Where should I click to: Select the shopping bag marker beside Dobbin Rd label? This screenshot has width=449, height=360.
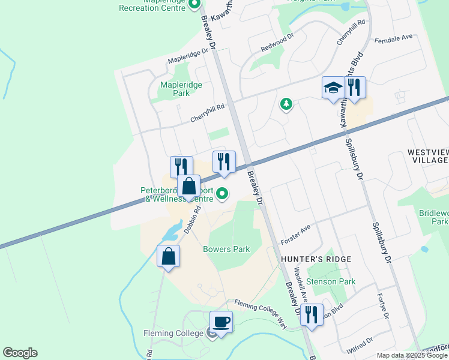pyautogui.click(x=188, y=186)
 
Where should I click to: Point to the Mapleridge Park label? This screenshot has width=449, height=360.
pyautogui.click(x=181, y=89)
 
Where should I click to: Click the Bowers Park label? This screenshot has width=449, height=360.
pyautogui.click(x=226, y=249)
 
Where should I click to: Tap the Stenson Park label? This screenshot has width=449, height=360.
pyautogui.click(x=331, y=281)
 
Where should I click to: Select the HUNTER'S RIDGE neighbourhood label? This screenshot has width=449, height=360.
pyautogui.click(x=316, y=259)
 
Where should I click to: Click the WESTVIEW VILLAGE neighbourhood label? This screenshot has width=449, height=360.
pyautogui.click(x=427, y=157)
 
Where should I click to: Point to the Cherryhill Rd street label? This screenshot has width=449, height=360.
pyautogui.click(x=207, y=112)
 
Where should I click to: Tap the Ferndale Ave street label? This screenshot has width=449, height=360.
pyautogui.click(x=393, y=38)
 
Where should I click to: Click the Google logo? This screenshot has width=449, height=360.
pyautogui.click(x=20, y=353)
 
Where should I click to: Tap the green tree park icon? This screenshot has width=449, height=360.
pyautogui.click(x=286, y=104)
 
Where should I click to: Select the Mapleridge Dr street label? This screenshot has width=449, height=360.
pyautogui.click(x=190, y=56)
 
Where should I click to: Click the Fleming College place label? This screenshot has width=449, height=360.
pyautogui.click(x=175, y=333)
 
